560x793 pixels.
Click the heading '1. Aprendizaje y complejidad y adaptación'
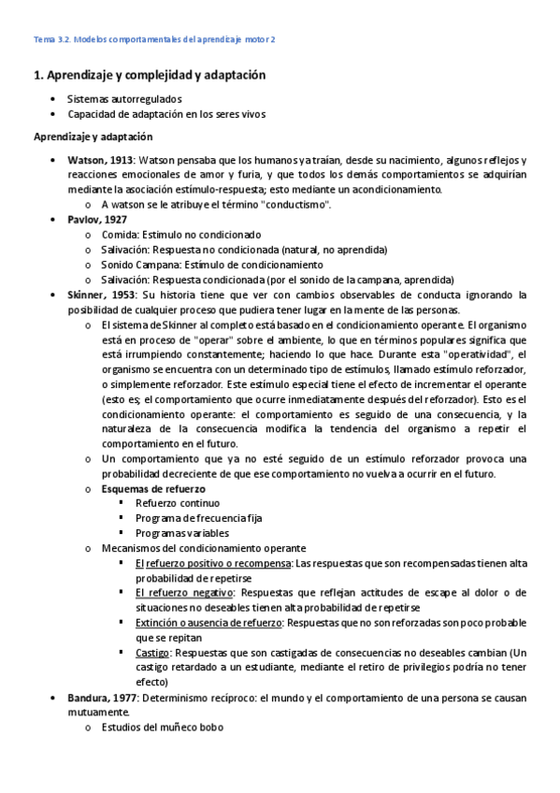click(150, 74)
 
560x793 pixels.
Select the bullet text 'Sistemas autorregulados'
click(124, 98)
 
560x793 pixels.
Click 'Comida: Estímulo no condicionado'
click(181, 235)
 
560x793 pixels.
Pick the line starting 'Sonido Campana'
click(140, 265)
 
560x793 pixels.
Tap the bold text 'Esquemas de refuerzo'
click(153, 488)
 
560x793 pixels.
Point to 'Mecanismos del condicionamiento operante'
click(203, 548)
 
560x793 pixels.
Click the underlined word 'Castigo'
click(153, 653)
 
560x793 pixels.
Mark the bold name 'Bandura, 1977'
click(103, 698)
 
